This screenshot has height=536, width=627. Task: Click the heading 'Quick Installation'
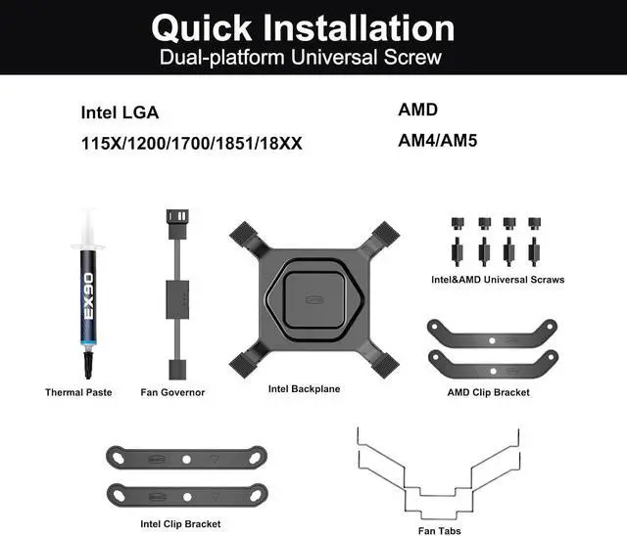[x=303, y=28]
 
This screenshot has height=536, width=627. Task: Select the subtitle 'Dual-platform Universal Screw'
[x=301, y=58]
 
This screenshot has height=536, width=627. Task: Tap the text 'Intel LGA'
[x=120, y=112]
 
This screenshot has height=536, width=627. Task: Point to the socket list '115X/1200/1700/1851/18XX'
[x=192, y=143]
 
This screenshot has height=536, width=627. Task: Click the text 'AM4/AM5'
[x=438, y=141]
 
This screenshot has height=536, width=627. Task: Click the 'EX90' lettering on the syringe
[x=88, y=295]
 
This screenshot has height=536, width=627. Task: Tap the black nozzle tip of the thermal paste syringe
[x=88, y=365]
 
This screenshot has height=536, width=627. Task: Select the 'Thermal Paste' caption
[x=78, y=392]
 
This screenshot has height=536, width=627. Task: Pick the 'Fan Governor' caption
[x=172, y=392]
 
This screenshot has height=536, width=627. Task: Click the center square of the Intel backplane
[x=313, y=299]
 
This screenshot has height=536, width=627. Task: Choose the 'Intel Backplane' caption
[x=304, y=388]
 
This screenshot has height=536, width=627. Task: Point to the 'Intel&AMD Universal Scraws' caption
[x=498, y=280]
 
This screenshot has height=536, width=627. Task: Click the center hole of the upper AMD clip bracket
[x=492, y=340]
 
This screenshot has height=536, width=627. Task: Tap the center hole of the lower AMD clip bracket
[x=493, y=371]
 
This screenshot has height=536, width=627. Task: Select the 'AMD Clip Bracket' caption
[x=488, y=392]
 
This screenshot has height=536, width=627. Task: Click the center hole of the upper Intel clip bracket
[x=186, y=460]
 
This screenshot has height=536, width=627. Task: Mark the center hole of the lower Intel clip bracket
[x=187, y=497]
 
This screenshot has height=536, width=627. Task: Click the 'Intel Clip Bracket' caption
[x=180, y=523]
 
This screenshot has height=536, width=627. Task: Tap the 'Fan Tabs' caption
[x=440, y=531]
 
